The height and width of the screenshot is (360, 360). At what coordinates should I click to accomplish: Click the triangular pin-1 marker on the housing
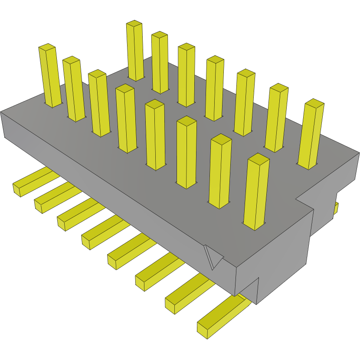(213, 258)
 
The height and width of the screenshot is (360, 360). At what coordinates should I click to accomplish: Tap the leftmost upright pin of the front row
(50, 76)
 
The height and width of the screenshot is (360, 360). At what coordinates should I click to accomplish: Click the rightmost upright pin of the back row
(311, 134)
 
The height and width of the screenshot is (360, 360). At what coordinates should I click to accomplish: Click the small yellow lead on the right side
(336, 208)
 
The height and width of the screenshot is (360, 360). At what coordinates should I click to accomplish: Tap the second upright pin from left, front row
(74, 89)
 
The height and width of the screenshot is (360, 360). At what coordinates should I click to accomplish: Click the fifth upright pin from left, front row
(155, 134)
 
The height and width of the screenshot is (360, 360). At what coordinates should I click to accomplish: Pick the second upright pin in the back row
(160, 62)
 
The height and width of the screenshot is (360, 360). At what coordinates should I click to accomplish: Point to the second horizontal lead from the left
(54, 198)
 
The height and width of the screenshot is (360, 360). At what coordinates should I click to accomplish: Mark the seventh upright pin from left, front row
(220, 171)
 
